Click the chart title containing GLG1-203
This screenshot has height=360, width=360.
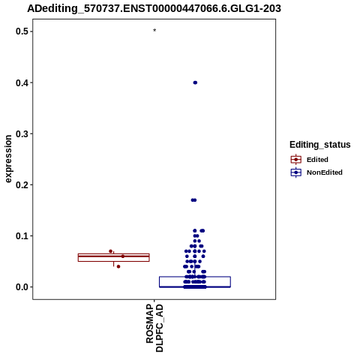point(154,8)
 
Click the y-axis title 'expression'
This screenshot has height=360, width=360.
point(8,159)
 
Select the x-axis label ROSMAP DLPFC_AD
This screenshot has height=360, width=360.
point(154,328)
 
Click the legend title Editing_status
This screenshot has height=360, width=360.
point(320,145)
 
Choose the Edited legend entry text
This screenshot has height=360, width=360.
point(317,160)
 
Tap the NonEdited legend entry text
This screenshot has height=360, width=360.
point(325,172)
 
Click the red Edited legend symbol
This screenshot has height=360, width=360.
point(296,160)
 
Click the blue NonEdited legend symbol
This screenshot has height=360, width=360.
point(296,172)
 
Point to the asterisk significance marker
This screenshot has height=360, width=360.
point(154,31)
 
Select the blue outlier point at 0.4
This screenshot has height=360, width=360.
point(195,82)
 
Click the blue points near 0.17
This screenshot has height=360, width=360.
point(193,200)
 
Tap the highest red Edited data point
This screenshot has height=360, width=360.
point(110,251)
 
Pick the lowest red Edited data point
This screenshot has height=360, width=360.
point(118,266)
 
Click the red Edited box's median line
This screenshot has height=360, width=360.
point(114,256)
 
